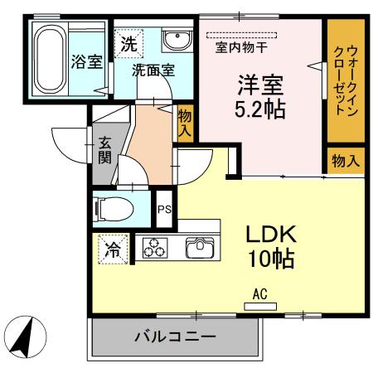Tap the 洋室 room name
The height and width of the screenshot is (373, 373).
[x=262, y=85]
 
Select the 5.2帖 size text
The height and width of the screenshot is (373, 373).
[x=262, y=109]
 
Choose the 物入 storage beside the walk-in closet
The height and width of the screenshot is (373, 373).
[x=344, y=161]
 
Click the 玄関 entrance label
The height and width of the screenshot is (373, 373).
[x=104, y=150]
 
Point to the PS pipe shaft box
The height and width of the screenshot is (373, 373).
[x=164, y=209]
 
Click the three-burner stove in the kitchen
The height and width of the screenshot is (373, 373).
[x=155, y=247]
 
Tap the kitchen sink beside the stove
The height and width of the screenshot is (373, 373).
[x=199, y=247]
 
